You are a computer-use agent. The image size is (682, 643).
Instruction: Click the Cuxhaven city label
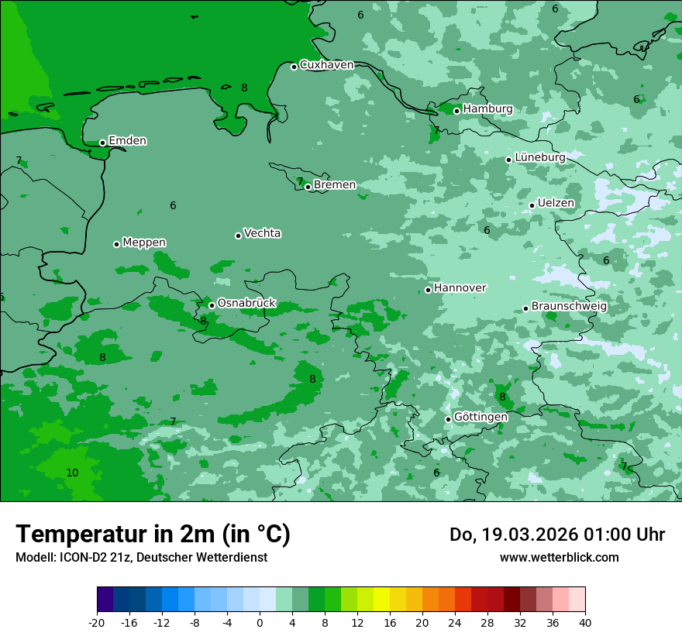point(326,65)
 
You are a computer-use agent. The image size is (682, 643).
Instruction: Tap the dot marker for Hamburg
point(457,111)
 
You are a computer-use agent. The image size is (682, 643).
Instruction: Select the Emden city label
point(127,141)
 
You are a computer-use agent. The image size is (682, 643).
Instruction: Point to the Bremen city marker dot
point(308,187)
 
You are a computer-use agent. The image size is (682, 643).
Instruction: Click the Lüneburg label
point(539,157)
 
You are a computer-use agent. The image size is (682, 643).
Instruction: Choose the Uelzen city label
point(556,203)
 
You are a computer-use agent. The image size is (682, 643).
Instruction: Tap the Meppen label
point(144,242)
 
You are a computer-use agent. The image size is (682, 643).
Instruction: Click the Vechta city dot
point(238,236)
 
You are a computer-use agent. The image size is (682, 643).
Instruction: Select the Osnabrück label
point(246,303)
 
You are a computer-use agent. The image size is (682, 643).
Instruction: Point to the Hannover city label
point(460,288)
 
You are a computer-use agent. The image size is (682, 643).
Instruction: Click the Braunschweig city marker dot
point(525,308)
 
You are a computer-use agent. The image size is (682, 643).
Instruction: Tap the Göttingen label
point(480,417)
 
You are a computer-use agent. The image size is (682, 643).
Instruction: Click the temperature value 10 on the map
point(72,473)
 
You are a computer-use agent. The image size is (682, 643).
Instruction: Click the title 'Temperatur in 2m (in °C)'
point(153,535)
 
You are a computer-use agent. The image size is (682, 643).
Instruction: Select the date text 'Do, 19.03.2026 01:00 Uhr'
point(556,535)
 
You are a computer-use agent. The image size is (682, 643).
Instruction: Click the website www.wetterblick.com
point(559,558)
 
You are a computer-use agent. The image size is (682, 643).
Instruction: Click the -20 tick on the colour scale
point(97,623)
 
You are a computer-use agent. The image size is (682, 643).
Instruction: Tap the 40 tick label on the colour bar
point(584,623)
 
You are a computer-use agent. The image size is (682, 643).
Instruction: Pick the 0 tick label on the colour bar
point(260,623)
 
